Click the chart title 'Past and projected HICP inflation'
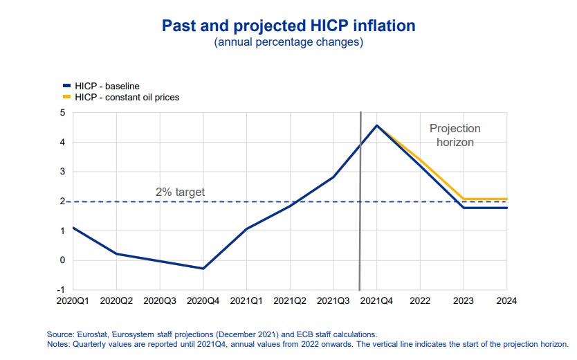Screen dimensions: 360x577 click(288, 26)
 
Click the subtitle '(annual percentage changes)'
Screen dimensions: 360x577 click(288, 42)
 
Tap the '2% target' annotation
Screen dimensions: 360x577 click(180, 192)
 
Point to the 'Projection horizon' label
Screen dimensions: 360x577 click(455, 135)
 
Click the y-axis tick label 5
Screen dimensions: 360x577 click(62, 113)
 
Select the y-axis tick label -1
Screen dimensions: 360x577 click(61, 290)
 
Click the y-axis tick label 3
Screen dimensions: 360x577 click(62, 172)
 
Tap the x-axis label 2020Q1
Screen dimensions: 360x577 click(73, 301)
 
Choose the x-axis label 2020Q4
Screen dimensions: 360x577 click(203, 301)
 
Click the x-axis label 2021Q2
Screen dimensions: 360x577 click(290, 301)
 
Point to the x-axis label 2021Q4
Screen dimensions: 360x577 click(376, 301)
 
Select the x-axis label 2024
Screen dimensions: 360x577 click(506, 301)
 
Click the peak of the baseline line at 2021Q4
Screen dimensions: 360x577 click(376, 125)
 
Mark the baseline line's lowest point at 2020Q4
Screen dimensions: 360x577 click(203, 269)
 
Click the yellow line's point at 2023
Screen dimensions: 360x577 click(464, 199)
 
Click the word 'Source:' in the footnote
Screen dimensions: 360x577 click(59, 334)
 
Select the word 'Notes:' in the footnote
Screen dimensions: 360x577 click(58, 343)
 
